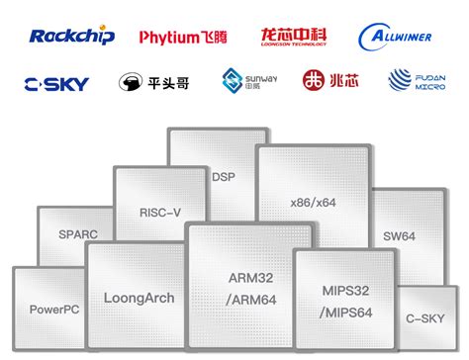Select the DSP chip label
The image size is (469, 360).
click(224, 175)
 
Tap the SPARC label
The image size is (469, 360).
click(78, 235)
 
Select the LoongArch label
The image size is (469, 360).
click(139, 297)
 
